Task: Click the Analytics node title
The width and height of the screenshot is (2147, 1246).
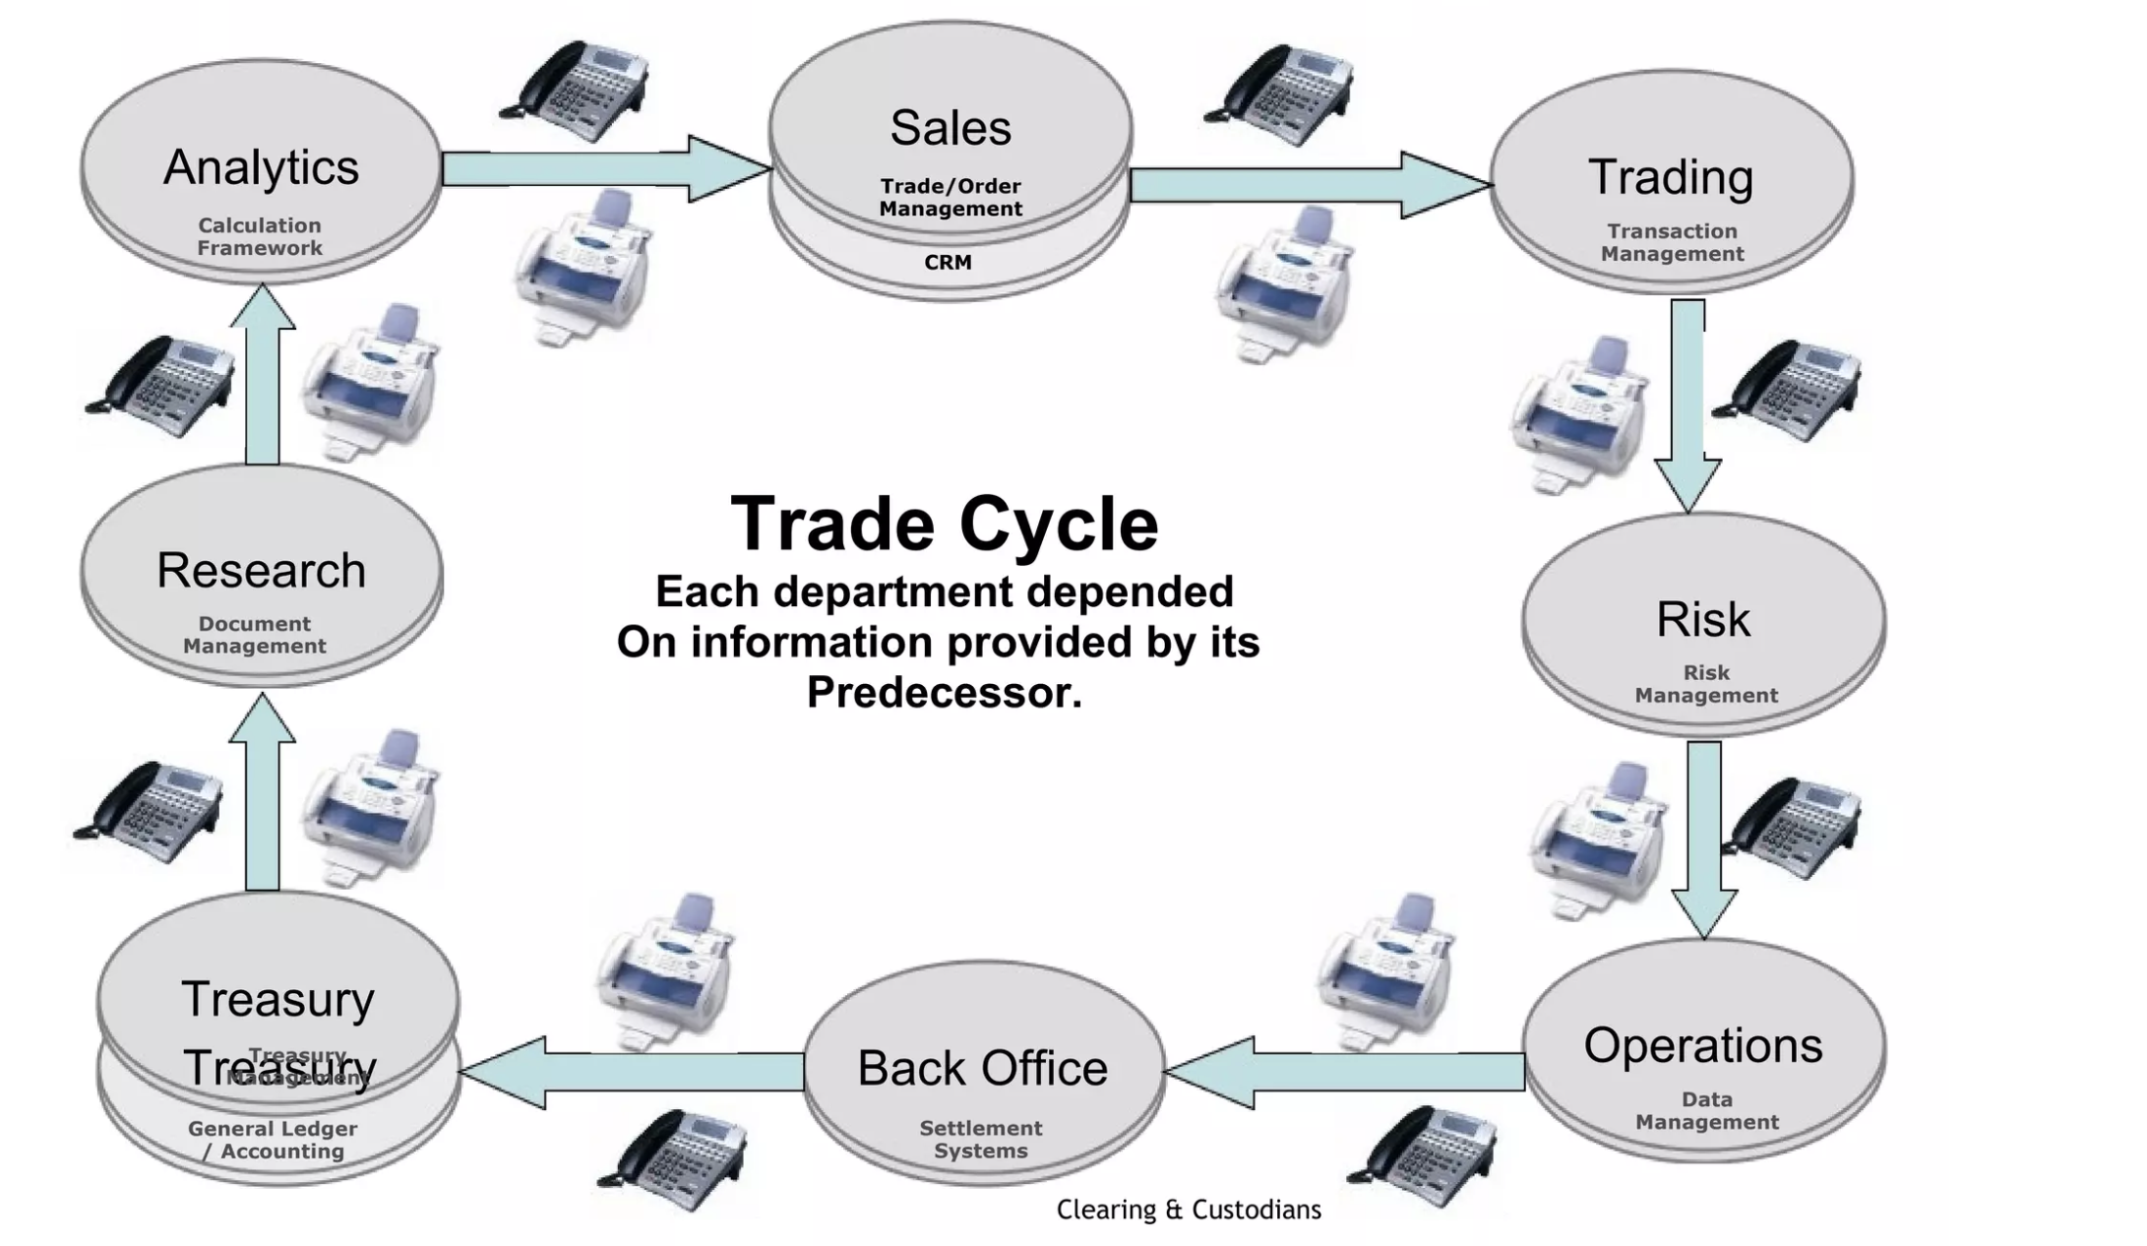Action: pyautogui.click(x=261, y=167)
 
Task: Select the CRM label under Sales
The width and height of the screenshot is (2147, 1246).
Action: pyautogui.click(x=948, y=263)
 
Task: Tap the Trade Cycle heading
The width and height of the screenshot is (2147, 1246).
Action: pyautogui.click(x=945, y=524)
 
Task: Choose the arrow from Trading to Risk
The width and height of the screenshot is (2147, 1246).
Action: pyautogui.click(x=1687, y=404)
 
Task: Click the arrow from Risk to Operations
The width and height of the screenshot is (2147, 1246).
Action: pyautogui.click(x=1703, y=837)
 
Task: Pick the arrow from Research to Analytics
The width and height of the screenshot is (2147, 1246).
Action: pyautogui.click(x=263, y=374)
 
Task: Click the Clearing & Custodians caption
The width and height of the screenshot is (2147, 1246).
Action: pyautogui.click(x=1189, y=1210)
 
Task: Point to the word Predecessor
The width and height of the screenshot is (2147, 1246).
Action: pyautogui.click(x=944, y=693)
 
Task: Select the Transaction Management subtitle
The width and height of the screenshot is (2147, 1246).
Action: pyautogui.click(x=1672, y=242)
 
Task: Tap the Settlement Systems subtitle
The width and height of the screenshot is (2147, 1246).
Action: pyautogui.click(x=980, y=1140)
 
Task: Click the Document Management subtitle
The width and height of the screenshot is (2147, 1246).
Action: pyautogui.click(x=255, y=635)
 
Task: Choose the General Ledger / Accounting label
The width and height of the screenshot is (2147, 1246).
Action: pyautogui.click(x=273, y=1140)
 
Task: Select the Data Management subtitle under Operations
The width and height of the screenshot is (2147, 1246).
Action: pyautogui.click(x=1706, y=1110)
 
